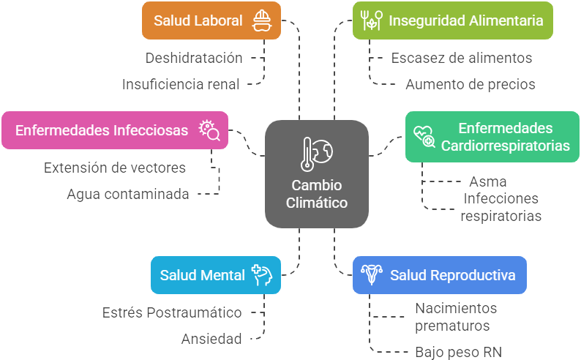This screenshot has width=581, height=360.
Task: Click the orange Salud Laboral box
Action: tap(198, 20)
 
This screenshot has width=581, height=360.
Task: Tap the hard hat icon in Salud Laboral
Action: tap(260, 20)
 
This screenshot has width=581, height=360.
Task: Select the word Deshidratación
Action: tap(194, 58)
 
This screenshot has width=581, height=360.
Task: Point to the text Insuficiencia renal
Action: tap(181, 84)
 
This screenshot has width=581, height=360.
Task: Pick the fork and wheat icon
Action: tap(372, 20)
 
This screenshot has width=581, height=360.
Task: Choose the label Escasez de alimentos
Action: tap(462, 58)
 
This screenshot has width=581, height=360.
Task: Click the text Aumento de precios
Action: tap(471, 84)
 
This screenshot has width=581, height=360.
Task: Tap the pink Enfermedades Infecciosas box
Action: tap(102, 130)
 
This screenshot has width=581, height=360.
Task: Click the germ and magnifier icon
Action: tap(209, 130)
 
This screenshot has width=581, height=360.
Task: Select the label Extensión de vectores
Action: tap(115, 168)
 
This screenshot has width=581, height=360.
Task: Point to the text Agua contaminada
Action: tap(128, 194)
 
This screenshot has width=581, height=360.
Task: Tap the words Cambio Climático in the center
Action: tap(316, 194)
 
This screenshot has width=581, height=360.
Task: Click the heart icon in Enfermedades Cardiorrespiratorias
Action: tap(424, 135)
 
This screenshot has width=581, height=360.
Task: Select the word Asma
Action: tap(488, 181)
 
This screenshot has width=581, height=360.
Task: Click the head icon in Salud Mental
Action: tap(261, 275)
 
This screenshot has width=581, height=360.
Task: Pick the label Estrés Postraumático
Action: tap(172, 312)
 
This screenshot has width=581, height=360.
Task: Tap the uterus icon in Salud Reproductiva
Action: tap(372, 275)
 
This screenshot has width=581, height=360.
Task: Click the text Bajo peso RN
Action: tap(459, 352)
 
